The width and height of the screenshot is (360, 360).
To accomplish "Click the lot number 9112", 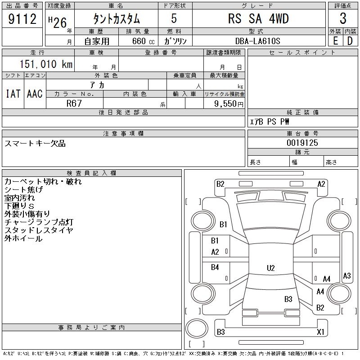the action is (x=22, y=19).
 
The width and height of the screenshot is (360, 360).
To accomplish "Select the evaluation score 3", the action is (x=343, y=18).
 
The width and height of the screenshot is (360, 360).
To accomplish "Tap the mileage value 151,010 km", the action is (x=46, y=64).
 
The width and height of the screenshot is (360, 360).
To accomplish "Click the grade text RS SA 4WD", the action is (x=258, y=18).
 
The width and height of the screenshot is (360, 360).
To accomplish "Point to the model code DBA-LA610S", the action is (x=257, y=41).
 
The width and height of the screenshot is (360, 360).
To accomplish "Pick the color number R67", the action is (x=74, y=103).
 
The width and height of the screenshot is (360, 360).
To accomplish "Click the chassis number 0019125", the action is (x=302, y=143).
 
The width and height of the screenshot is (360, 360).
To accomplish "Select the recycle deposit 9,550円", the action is (x=229, y=104).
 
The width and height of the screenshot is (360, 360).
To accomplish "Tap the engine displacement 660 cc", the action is (x=143, y=41).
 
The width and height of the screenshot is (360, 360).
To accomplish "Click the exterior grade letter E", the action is (x=335, y=41).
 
